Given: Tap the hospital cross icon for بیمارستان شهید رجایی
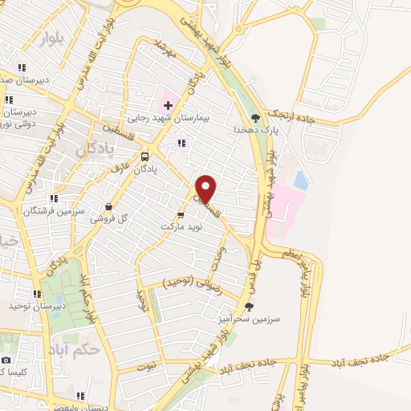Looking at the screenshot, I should click(x=168, y=105).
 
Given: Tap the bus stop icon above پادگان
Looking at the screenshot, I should click(x=145, y=157).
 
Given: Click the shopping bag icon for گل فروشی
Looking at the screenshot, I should click(x=109, y=205).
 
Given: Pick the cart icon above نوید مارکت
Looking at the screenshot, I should click(x=180, y=214).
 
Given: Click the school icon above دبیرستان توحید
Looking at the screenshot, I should click(x=37, y=294).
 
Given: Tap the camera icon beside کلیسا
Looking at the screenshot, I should click(x=6, y=360).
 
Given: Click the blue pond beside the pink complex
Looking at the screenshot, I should click(x=300, y=179).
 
